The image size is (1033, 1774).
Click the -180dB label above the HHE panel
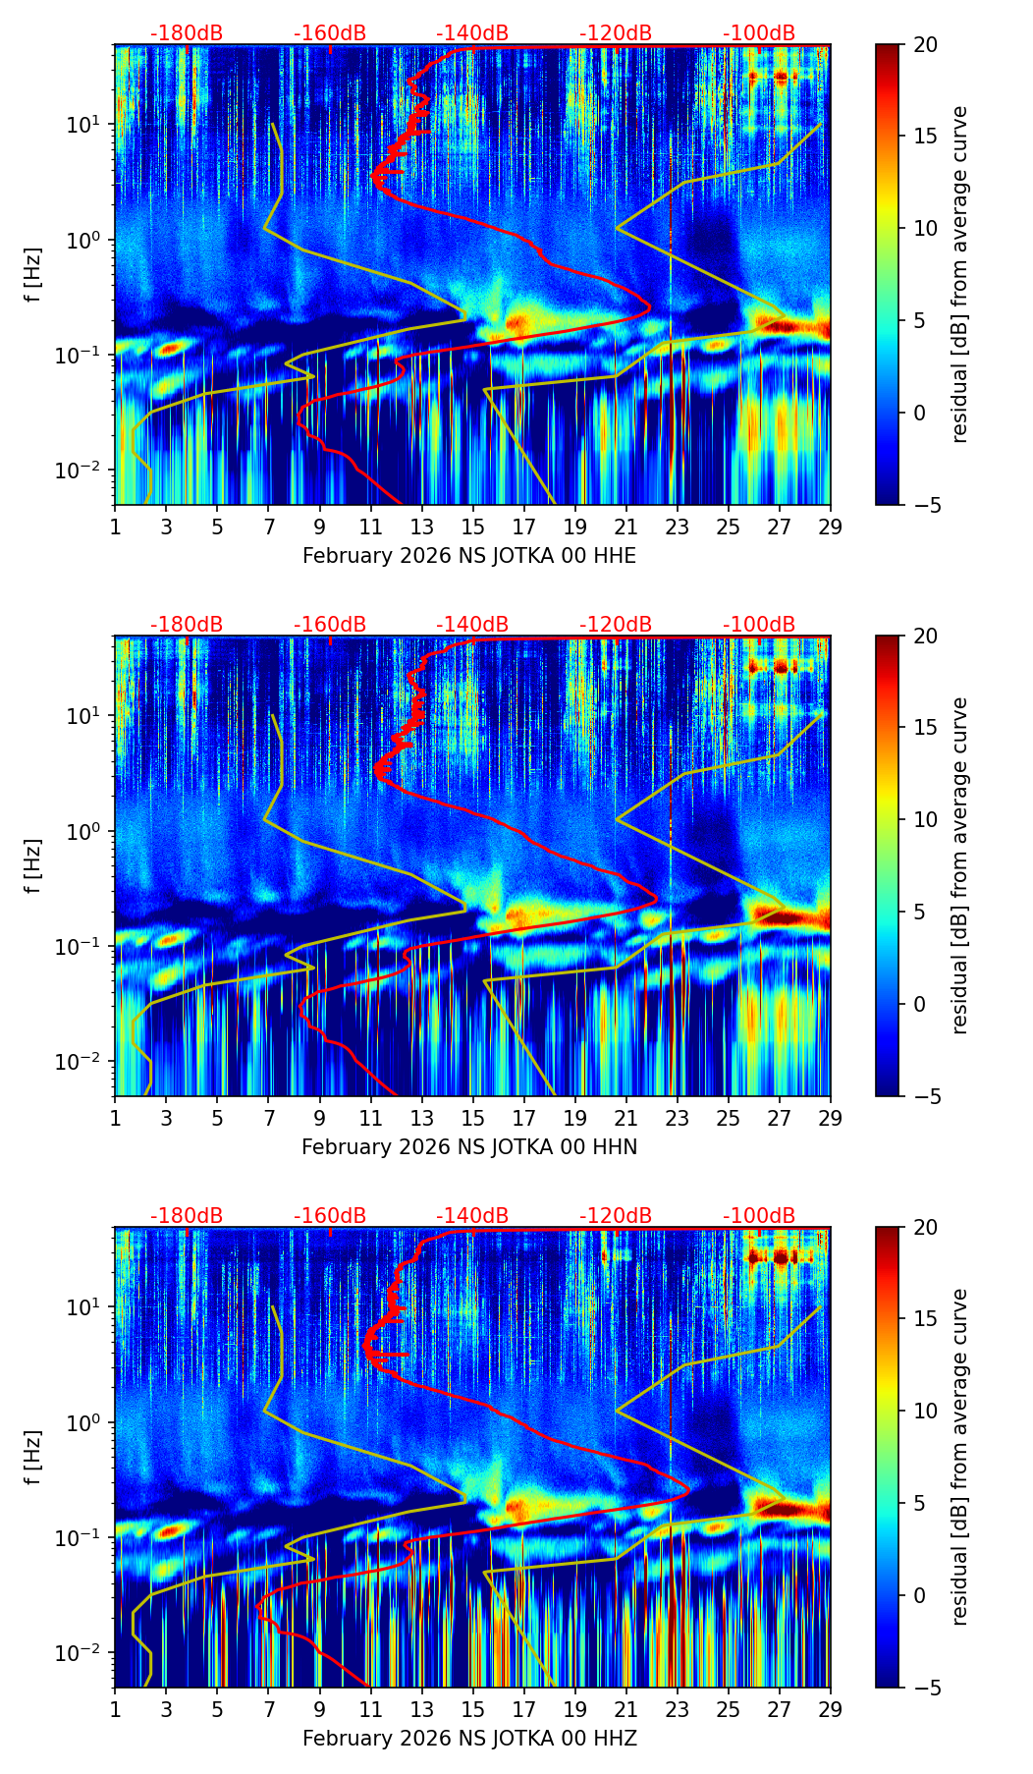point(187,33)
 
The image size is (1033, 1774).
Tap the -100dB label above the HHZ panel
point(759,1216)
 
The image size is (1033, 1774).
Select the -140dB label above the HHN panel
point(472,625)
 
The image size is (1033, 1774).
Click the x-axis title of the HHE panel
point(469,556)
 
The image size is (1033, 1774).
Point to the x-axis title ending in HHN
point(469,1147)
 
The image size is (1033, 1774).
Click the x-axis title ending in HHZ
point(469,1739)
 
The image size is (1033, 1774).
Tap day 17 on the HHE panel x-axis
point(524,527)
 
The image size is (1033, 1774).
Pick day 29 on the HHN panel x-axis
point(831,1118)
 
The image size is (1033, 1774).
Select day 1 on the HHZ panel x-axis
point(115,1709)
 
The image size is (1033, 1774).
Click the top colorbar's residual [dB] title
point(960,274)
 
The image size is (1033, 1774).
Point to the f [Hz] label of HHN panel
point(34,865)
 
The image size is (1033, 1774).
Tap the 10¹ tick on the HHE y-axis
point(87,125)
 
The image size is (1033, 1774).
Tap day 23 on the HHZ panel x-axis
point(678,1709)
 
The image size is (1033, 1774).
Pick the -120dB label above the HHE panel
point(616,33)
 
